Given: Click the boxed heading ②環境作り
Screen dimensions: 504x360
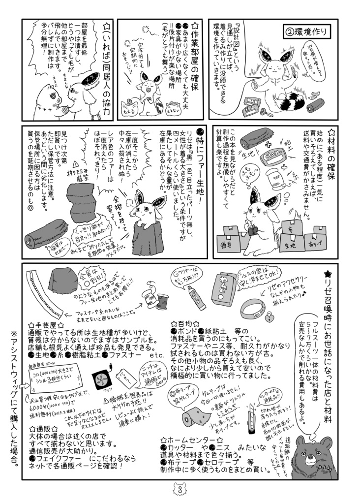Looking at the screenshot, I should pos(306,32).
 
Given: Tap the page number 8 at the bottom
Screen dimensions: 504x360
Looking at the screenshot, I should pos(180,491).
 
